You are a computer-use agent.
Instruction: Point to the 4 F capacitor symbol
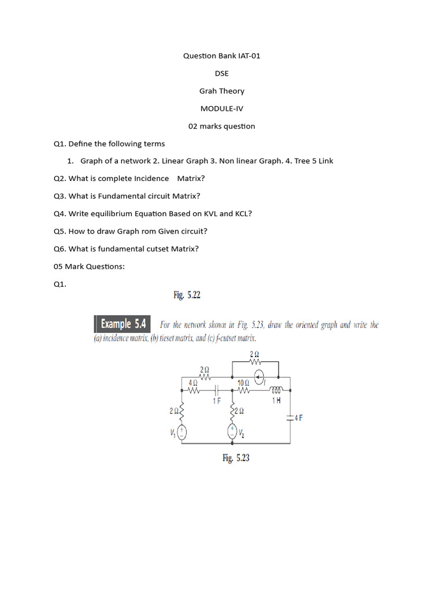(290, 417)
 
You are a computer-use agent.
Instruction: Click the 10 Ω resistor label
(243, 383)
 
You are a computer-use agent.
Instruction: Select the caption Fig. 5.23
(236, 458)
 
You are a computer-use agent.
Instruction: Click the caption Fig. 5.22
(187, 295)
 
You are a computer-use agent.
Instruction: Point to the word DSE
(221, 73)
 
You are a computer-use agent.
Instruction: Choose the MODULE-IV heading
(221, 109)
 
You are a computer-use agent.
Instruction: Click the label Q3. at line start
(60, 196)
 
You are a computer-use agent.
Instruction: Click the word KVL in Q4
(210, 213)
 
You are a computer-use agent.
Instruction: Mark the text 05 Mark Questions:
(89, 266)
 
